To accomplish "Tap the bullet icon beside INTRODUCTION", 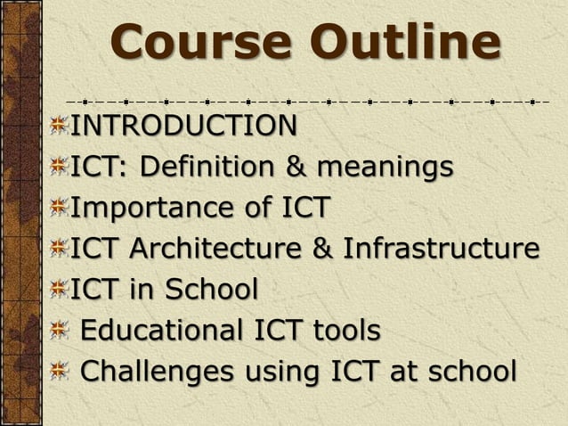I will pos(60,127).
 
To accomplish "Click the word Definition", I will pos(210,167).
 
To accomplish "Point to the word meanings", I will pos(385,167).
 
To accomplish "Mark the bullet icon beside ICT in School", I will pos(60,290).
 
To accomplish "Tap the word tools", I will pos(346,330).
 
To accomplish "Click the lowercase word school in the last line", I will pos(471,370).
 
